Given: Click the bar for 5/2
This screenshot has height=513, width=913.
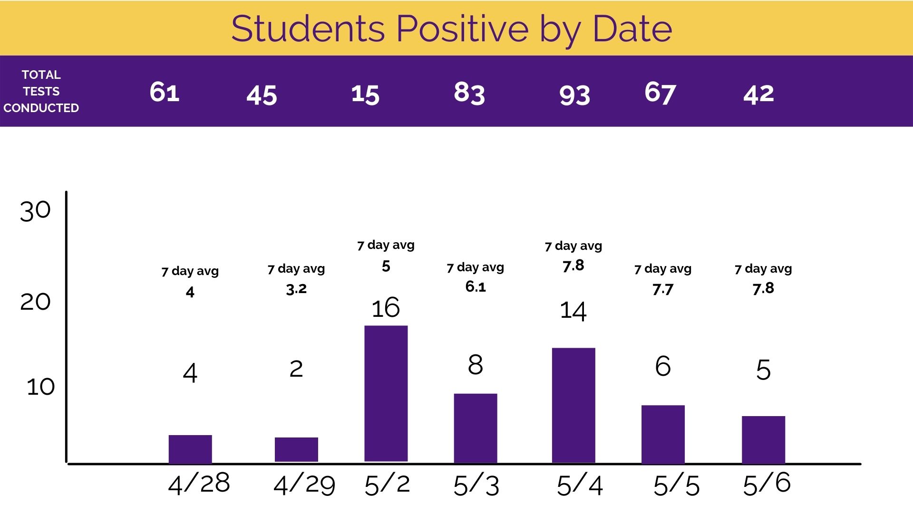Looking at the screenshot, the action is [386, 393].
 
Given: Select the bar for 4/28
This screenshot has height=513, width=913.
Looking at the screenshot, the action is [190, 449].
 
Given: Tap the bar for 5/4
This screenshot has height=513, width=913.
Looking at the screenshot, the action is [573, 405].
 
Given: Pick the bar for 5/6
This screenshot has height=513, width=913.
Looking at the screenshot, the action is [763, 440].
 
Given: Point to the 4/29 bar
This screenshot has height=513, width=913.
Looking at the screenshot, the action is [296, 449].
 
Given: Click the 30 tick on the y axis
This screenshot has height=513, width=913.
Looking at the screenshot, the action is [35, 210].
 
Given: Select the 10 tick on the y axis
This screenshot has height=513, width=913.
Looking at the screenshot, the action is [41, 387].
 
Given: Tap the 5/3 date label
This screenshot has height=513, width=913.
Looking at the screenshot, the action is [476, 485].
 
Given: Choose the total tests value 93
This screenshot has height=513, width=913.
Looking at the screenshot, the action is [574, 95].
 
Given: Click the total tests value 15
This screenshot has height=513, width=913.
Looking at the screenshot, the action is [365, 94].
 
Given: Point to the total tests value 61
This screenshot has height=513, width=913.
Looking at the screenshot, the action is [165, 92].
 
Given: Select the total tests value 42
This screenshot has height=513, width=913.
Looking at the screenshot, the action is [758, 94].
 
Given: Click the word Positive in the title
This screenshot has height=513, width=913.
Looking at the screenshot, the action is [462, 28].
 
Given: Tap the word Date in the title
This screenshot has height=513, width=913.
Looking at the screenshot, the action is [632, 28].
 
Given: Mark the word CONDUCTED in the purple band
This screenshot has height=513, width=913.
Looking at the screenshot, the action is [41, 108].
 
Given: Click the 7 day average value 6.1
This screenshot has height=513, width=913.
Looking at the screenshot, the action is [476, 286].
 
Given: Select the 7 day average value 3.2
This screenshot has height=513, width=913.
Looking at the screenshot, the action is [296, 288].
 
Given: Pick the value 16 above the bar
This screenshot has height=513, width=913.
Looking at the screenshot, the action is [386, 308].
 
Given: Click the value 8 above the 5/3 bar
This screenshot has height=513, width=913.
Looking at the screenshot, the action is [476, 365].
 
